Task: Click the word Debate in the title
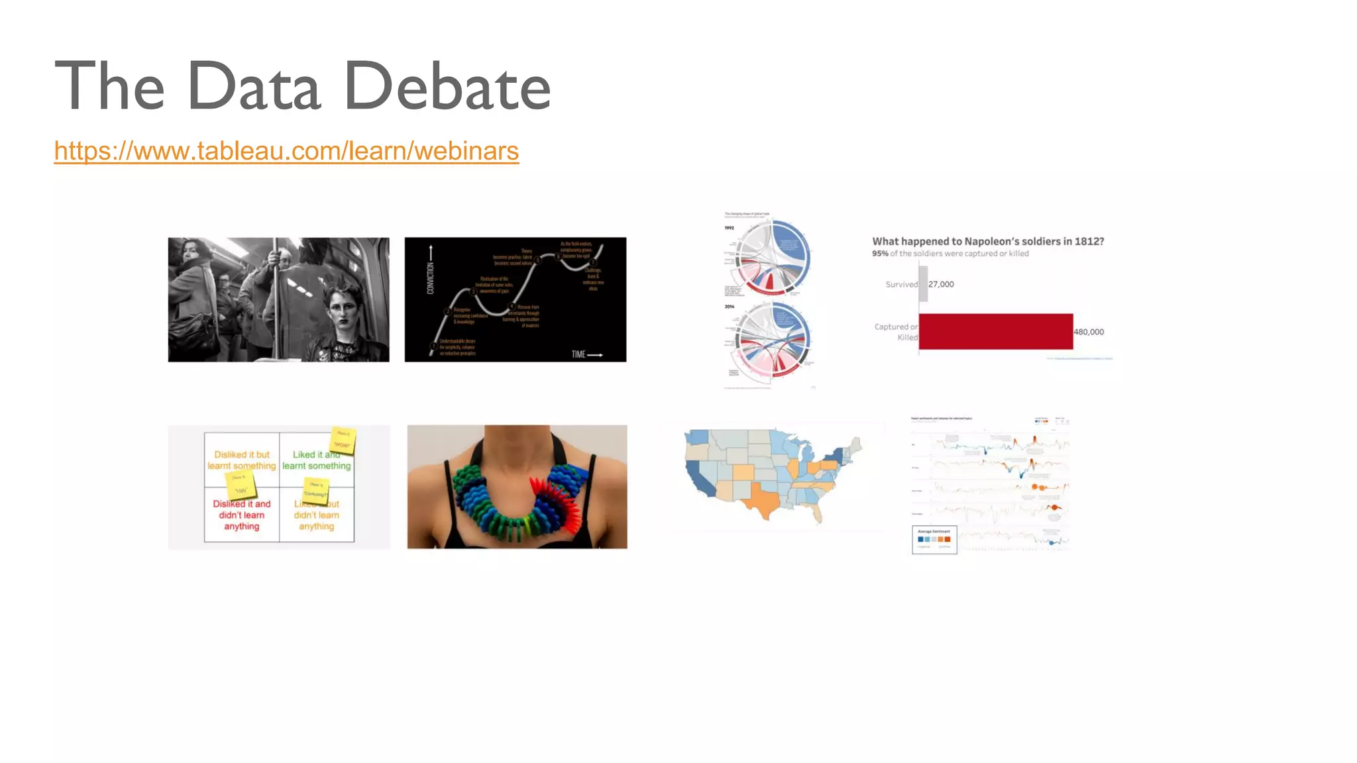coord(448,86)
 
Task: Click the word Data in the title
coord(254,86)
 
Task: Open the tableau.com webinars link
coord(286,151)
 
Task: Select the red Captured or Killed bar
coord(995,331)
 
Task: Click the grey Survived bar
coord(923,284)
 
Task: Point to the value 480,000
coord(1089,332)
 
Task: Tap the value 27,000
coord(941,284)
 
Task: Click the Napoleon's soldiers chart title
coord(987,241)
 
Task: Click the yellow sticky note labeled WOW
coord(343,440)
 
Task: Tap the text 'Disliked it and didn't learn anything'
coord(242,515)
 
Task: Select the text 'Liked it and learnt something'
coord(316,460)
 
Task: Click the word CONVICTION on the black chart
coord(431,278)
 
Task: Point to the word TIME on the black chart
coord(578,354)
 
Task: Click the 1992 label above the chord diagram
coord(729,228)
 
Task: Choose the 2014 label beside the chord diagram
coord(729,307)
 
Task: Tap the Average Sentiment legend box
coord(934,539)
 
